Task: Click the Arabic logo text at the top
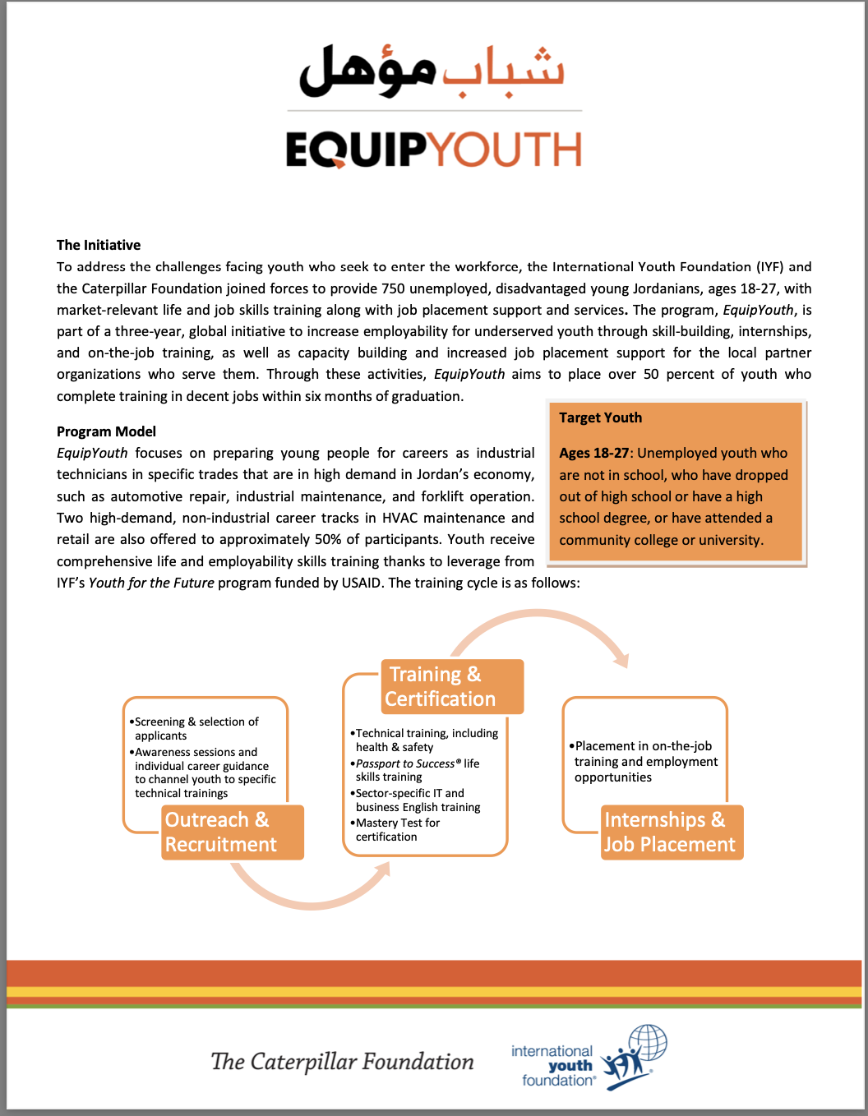[433, 71]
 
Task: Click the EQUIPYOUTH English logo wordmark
[433, 150]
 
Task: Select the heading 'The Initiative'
[99, 245]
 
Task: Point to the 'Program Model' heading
[106, 431]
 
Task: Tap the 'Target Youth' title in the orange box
[600, 417]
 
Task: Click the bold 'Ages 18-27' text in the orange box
[593, 453]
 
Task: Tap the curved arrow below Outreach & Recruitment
[311, 892]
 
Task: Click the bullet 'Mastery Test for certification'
[397, 830]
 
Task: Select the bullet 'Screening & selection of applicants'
[196, 728]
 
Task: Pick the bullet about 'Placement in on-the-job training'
[644, 762]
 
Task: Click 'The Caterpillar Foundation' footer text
[342, 1062]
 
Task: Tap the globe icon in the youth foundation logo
[648, 1044]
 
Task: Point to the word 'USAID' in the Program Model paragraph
[361, 583]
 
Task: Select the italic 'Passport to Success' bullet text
[405, 763]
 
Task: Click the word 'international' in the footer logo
[552, 1051]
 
